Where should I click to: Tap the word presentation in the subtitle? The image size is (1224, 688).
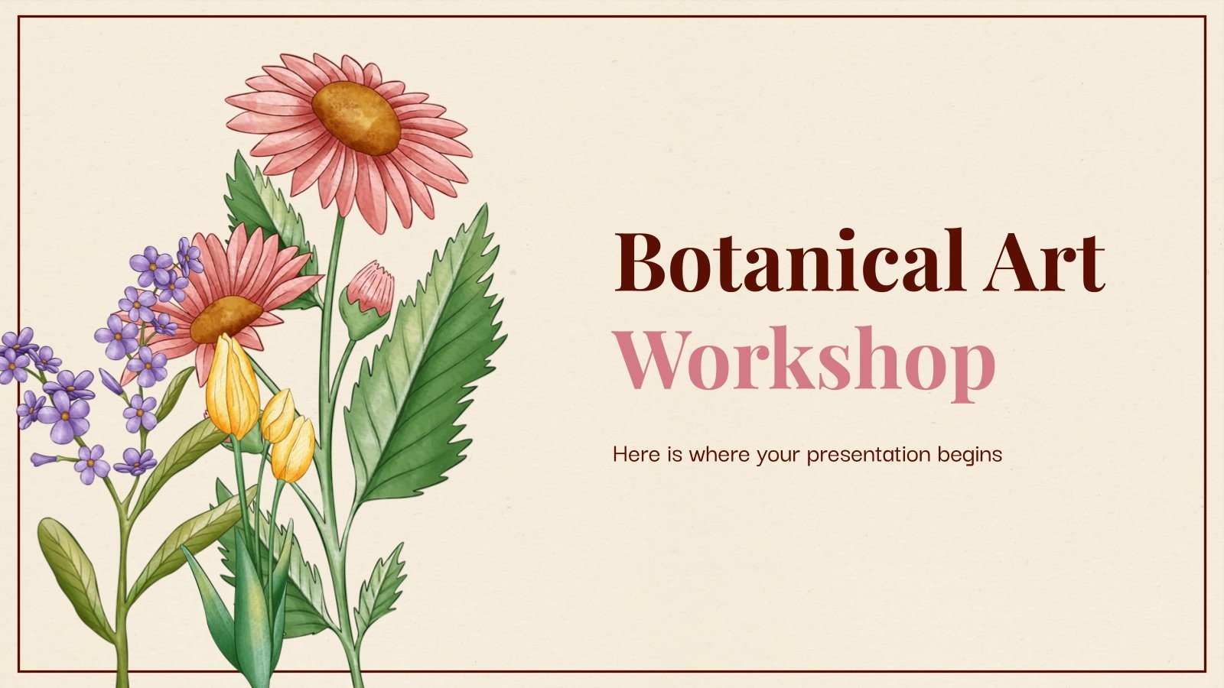pyautogui.click(x=869, y=455)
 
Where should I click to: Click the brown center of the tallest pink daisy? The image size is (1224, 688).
pyautogui.click(x=356, y=116)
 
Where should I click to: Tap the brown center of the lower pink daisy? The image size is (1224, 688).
pyautogui.click(x=225, y=318)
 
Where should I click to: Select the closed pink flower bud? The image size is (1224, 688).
pyautogui.click(x=369, y=289)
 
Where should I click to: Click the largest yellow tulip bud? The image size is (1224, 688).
pyautogui.click(x=233, y=386)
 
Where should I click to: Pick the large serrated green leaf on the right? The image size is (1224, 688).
pyautogui.click(x=428, y=359)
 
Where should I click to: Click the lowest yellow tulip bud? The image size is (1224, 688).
pyautogui.click(x=294, y=449)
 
